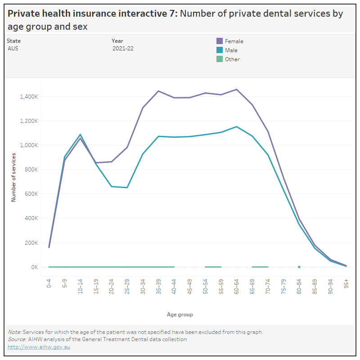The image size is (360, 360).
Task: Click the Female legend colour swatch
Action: point(220,41)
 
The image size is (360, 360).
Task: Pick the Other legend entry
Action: point(232,59)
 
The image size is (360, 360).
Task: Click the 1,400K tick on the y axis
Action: point(29,97)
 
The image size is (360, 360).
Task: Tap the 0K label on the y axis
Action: point(34,267)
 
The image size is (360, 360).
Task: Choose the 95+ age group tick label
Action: point(346,283)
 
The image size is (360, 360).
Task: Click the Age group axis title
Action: point(180,315)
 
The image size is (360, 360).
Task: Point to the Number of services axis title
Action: point(14,177)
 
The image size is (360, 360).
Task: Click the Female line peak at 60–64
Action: point(237,89)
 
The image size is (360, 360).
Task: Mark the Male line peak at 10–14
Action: point(81,135)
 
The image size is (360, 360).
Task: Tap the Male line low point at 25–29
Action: point(127,187)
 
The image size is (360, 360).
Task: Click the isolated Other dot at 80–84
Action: point(299,267)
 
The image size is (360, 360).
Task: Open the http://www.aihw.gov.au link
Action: point(39,347)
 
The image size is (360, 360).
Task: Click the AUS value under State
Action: point(13,48)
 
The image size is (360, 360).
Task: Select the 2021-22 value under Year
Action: point(123,48)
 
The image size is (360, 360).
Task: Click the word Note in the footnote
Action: point(14,332)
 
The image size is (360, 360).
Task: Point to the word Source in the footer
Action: point(17,339)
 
